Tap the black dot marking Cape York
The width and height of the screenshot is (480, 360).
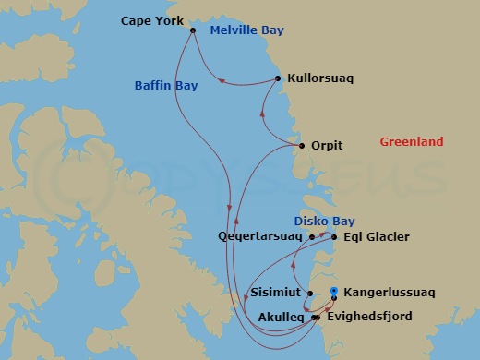[x=193, y=30]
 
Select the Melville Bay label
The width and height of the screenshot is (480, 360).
[x=246, y=30]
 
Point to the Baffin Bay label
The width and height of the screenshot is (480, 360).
[x=165, y=86]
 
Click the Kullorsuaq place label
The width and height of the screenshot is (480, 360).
[x=320, y=79]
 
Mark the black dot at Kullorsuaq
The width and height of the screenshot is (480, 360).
[x=278, y=79]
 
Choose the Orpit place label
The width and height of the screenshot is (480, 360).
[x=329, y=146]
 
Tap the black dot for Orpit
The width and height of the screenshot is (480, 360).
[x=302, y=146]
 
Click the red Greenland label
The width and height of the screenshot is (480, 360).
[x=412, y=142]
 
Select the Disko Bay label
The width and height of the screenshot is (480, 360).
[x=323, y=221]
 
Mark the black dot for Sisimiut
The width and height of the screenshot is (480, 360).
[x=310, y=294]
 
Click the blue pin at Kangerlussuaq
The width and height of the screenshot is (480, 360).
[x=333, y=290]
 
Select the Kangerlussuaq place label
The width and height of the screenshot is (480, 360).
[x=388, y=293]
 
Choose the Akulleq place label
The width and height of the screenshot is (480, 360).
[x=283, y=317]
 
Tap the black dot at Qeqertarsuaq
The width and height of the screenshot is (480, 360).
[x=312, y=237]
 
